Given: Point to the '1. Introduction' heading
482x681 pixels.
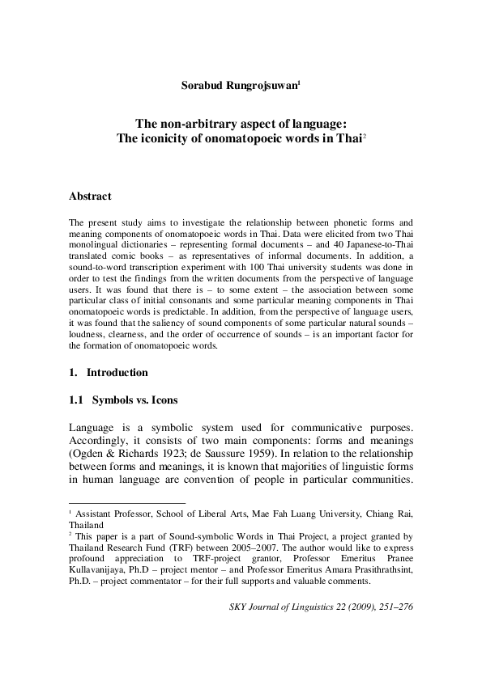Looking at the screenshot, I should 109,373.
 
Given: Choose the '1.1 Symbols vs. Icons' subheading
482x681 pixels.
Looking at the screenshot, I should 124,400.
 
